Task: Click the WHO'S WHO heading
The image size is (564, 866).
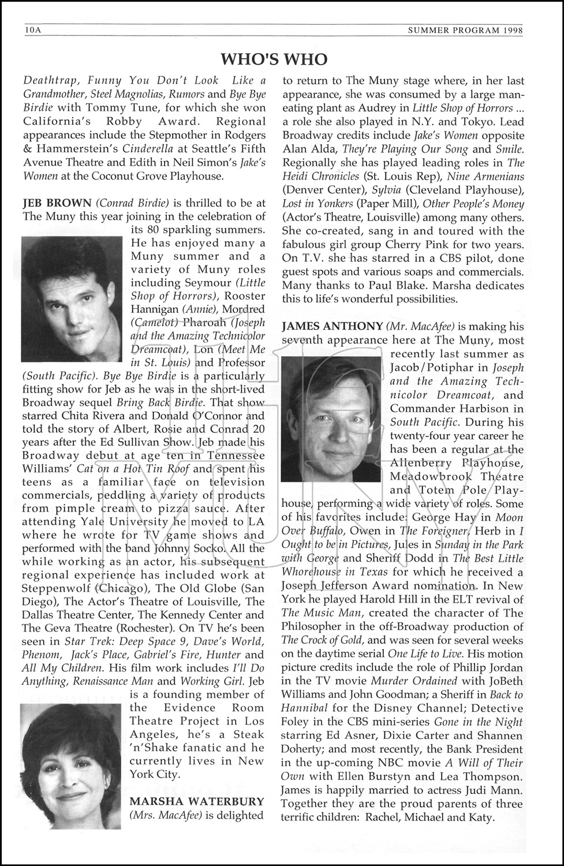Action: (274, 59)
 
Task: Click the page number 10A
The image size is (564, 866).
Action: (33, 29)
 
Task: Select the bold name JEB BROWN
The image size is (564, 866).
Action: (57, 203)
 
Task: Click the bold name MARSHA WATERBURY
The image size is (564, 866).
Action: (197, 801)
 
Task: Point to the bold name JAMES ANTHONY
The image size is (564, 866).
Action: (332, 326)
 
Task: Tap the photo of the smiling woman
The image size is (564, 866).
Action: (70, 766)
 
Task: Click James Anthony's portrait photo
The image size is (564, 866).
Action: (331, 418)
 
